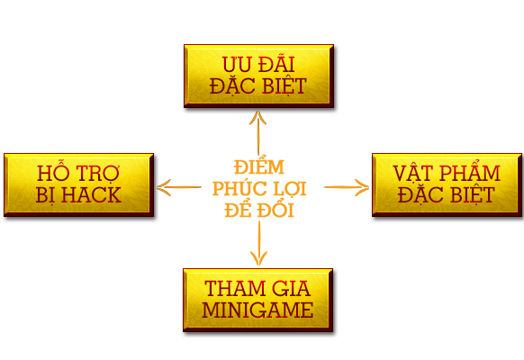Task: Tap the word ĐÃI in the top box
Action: click(x=276, y=63)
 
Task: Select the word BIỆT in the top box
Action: click(x=285, y=86)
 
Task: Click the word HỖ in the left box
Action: click(x=52, y=172)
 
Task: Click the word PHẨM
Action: click(x=470, y=171)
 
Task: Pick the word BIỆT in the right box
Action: click(x=473, y=195)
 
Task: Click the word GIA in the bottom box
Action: click(x=291, y=288)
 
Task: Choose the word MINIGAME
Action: click(x=257, y=310)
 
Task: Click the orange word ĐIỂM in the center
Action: click(x=259, y=166)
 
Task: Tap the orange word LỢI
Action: click(x=290, y=190)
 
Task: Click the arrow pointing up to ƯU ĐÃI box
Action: click(x=258, y=133)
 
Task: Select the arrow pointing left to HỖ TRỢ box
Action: click(x=179, y=187)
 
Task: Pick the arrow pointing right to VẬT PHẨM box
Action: click(x=347, y=187)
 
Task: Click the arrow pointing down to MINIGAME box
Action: click(x=259, y=243)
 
